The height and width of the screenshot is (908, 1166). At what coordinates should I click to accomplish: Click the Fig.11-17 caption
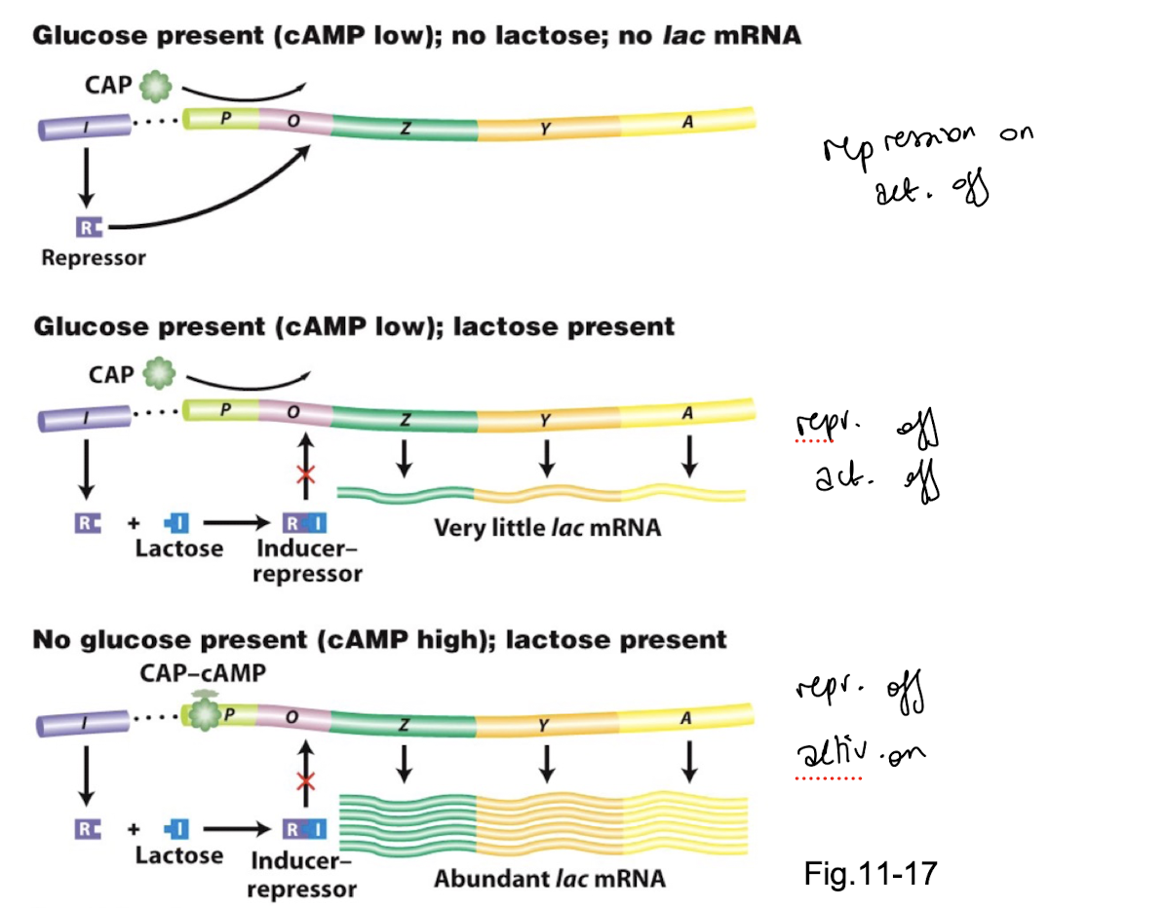(871, 872)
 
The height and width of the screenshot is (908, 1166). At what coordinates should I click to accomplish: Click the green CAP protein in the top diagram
(154, 87)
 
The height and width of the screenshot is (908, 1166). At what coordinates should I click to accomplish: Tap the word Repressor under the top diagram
(93, 259)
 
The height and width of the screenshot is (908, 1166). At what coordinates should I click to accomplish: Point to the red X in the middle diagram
(306, 476)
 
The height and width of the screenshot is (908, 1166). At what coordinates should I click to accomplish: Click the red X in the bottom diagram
(306, 782)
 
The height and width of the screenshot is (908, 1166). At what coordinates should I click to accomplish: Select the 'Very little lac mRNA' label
(547, 528)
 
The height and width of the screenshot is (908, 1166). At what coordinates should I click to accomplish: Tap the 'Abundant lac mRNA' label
(550, 878)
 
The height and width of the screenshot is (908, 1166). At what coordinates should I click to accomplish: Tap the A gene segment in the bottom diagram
(687, 718)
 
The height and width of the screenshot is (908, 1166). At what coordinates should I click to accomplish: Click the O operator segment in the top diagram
(293, 123)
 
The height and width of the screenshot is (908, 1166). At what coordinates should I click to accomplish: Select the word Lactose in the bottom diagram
(179, 856)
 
